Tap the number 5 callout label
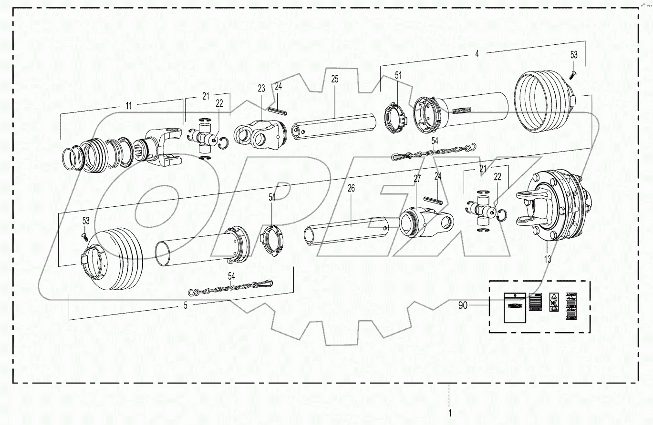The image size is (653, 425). [186, 306]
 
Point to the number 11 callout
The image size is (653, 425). [129, 106]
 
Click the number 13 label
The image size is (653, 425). [548, 259]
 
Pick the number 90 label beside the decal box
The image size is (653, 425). [463, 305]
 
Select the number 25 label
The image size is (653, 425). [334, 79]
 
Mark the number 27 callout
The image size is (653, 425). [417, 179]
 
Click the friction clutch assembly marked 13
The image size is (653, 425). [553, 206]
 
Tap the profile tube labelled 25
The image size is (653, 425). [334, 125]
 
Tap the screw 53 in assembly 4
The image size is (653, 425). [573, 72]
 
